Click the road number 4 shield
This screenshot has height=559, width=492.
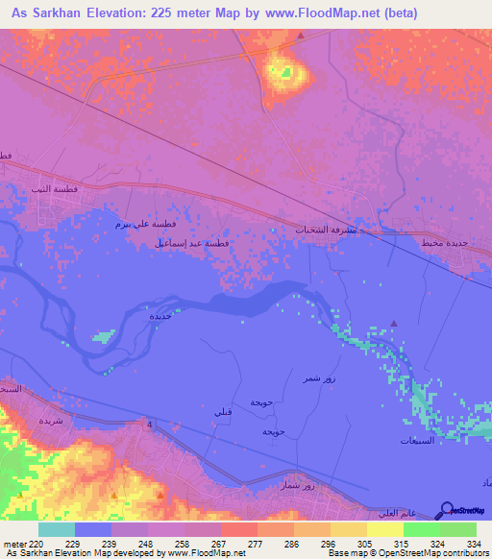tap(151, 423)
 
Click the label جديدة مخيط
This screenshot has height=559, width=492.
tap(444, 243)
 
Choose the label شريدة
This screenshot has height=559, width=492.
tap(50, 421)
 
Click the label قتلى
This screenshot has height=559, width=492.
tap(222, 410)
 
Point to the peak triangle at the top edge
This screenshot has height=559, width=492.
tap(301, 36)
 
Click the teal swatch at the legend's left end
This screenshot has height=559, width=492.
tap(56, 529)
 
